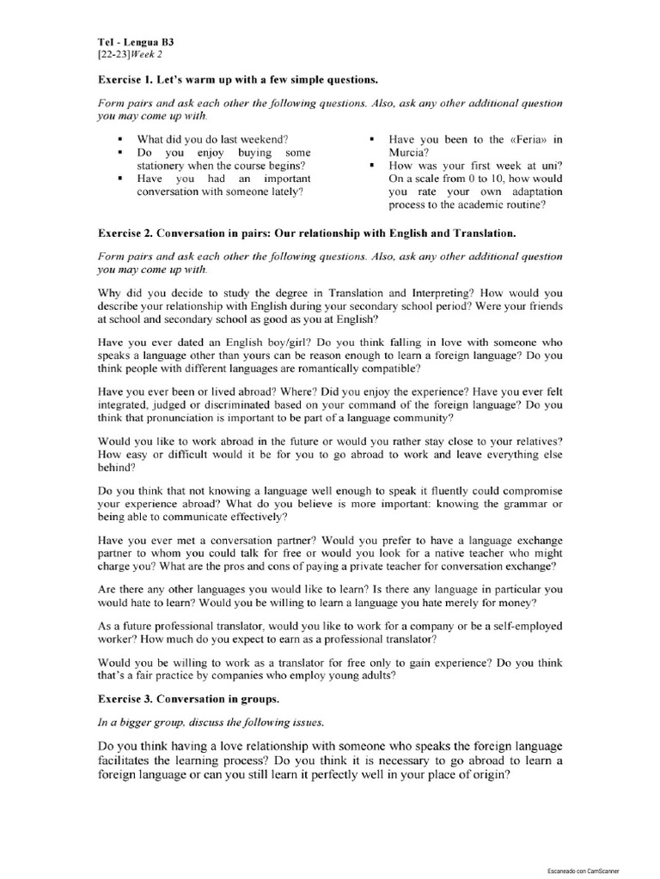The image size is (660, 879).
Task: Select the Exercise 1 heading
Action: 237,81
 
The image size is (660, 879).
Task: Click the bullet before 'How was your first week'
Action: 371,166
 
